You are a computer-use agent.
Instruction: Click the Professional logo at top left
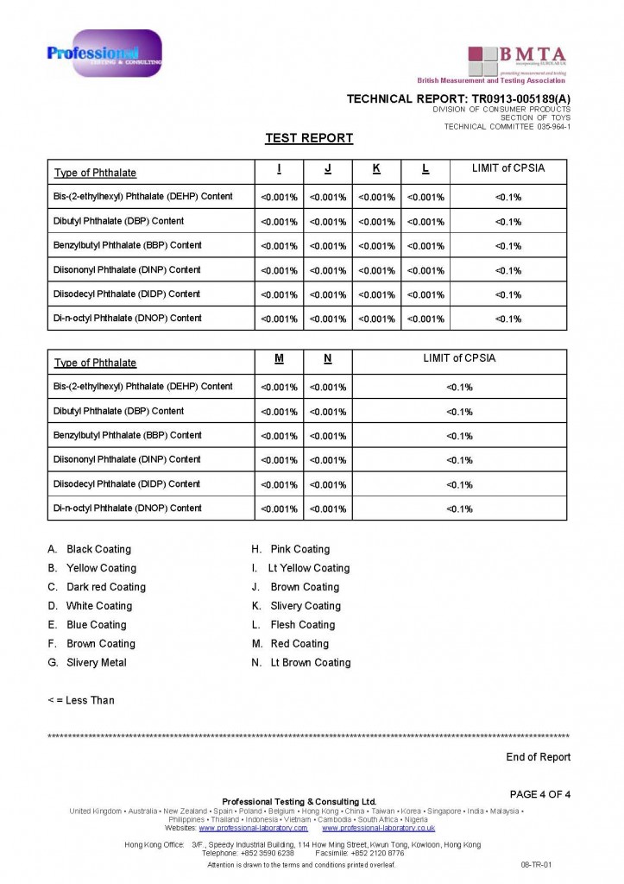(104, 54)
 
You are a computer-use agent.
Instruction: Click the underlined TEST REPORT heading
(309, 138)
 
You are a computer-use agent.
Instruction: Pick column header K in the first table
(376, 169)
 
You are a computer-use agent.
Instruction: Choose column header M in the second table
(279, 358)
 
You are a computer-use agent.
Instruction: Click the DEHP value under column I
(279, 198)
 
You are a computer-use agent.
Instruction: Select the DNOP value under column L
(425, 319)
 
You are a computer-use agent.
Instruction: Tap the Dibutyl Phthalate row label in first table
(118, 221)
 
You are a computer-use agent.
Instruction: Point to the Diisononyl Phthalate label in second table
(127, 459)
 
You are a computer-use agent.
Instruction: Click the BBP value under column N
(328, 436)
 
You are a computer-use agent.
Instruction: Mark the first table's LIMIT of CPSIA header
(508, 168)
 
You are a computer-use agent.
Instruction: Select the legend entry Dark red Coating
(106, 587)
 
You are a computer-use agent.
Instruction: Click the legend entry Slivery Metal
(96, 663)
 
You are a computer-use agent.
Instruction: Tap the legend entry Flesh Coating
(302, 625)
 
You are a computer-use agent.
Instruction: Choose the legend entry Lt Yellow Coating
(309, 568)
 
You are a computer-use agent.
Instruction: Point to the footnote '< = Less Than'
(81, 700)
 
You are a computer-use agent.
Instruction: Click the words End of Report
(538, 757)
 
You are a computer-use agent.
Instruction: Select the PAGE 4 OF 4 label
(540, 794)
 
